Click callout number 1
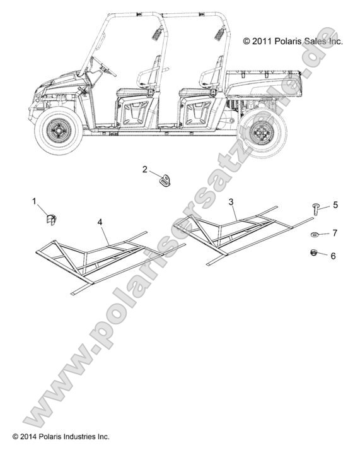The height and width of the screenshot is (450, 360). click(x=35, y=201)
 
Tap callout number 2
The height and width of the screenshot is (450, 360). click(x=145, y=170)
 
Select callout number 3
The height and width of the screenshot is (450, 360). click(x=231, y=202)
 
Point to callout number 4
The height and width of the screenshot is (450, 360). click(x=100, y=222)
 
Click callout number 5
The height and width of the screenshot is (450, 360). click(x=335, y=205)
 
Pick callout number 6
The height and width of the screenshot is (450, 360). click(x=333, y=256)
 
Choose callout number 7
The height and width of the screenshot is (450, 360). click(x=335, y=233)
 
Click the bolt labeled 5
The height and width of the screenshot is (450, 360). click(x=316, y=209)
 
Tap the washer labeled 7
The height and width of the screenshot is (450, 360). click(x=315, y=235)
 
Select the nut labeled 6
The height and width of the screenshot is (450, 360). click(x=314, y=253)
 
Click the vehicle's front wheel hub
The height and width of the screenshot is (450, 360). click(x=59, y=131)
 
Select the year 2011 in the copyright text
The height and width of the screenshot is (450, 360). click(x=262, y=41)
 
